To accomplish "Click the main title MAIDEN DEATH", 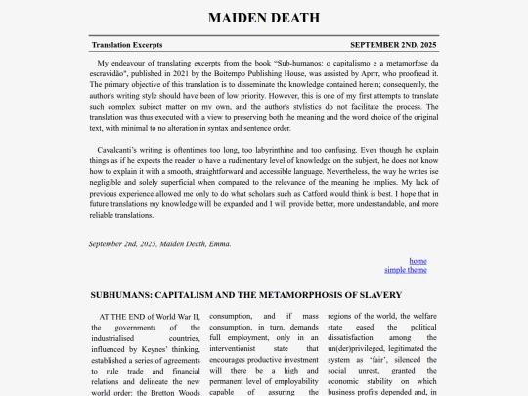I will pos(264,18).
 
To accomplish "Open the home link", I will pos(418,261).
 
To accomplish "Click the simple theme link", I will pos(406,270).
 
